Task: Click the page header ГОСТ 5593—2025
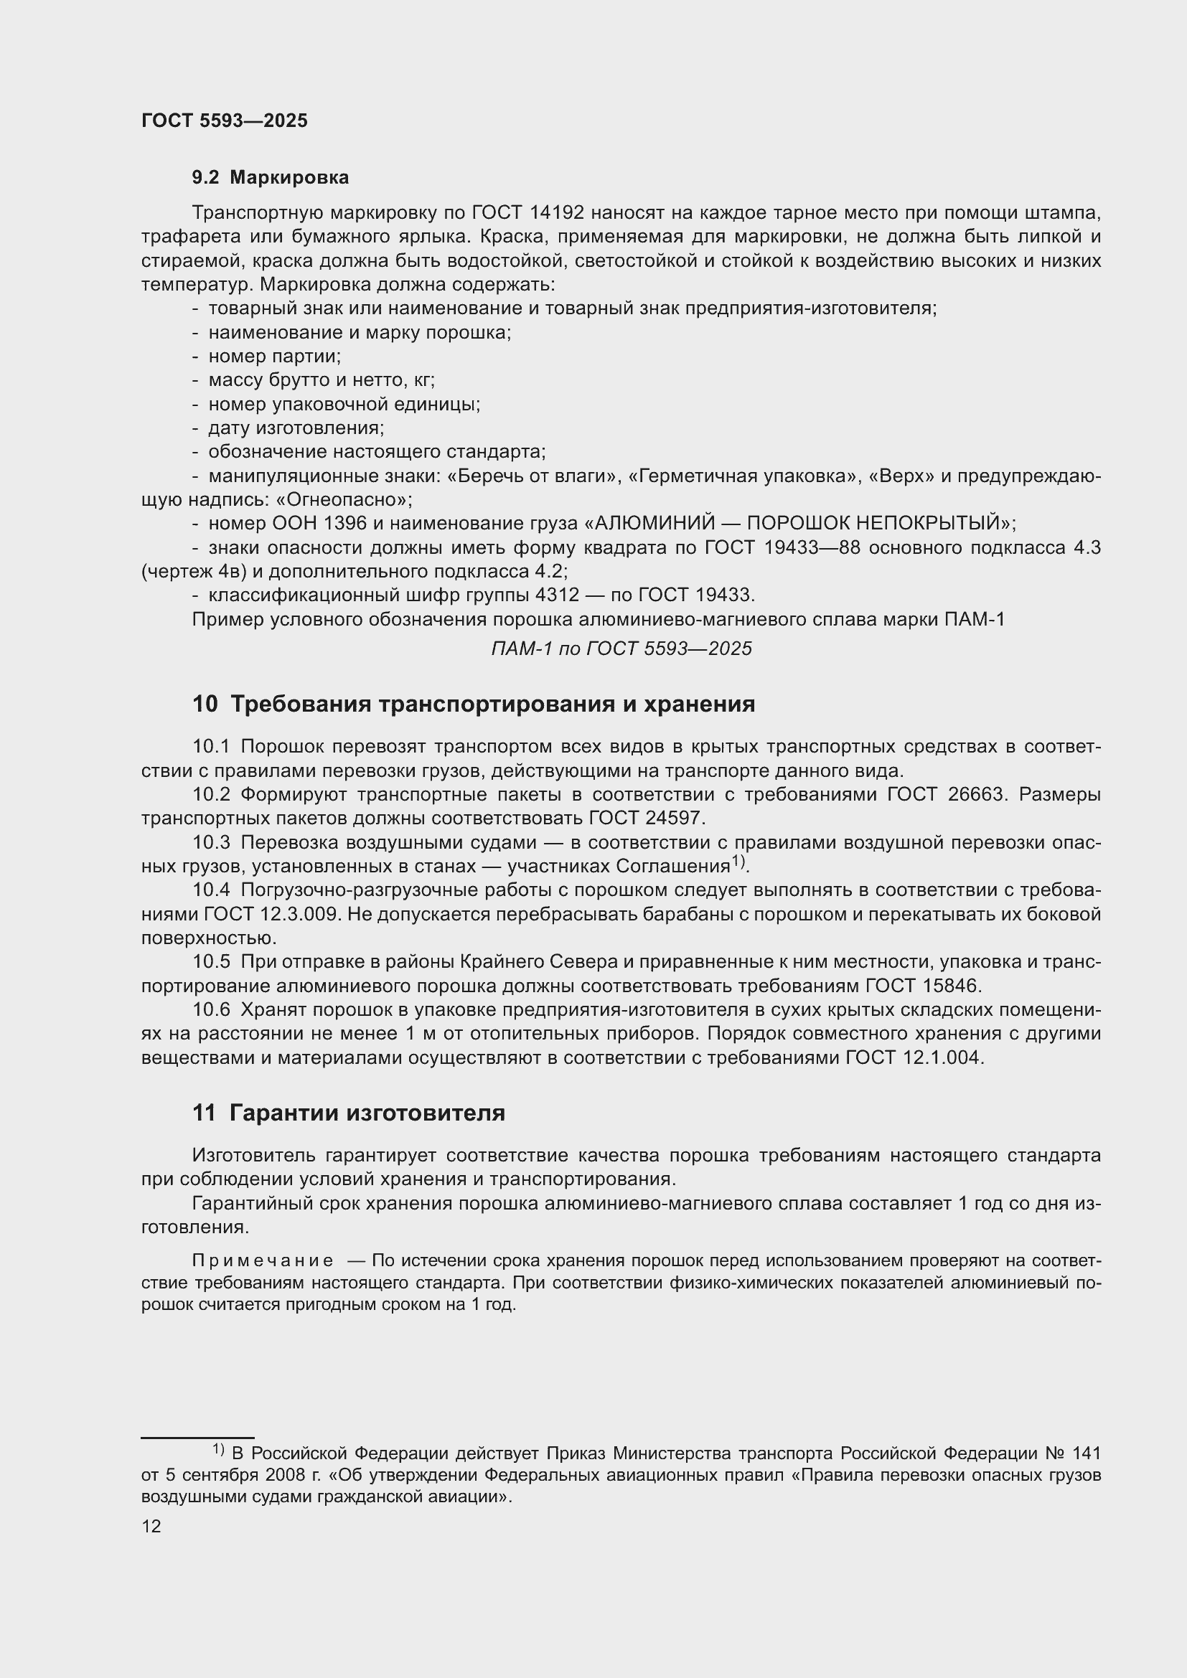click(225, 121)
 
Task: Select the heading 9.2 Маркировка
click(271, 178)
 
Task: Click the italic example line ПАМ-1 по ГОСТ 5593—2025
click(621, 649)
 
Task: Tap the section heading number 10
click(205, 704)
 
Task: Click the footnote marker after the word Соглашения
click(738, 862)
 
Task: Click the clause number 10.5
click(210, 963)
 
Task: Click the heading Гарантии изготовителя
click(367, 1114)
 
